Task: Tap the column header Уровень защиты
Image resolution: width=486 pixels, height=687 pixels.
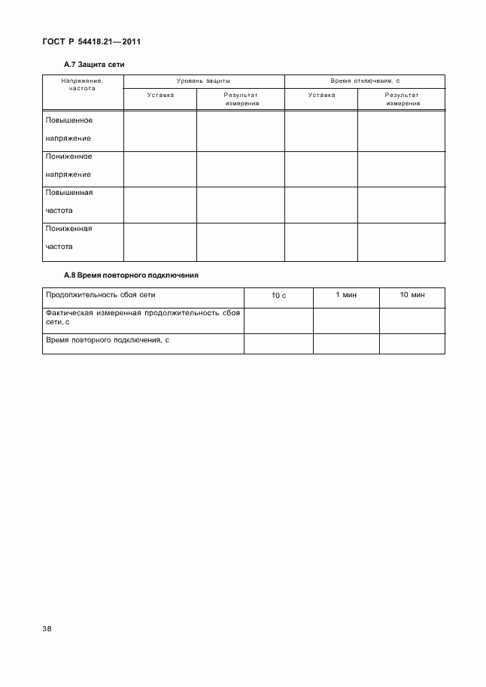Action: pos(203,80)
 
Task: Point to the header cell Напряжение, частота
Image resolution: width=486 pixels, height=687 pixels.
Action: pos(83,84)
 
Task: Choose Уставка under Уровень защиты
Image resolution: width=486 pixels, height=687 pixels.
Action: pos(160,95)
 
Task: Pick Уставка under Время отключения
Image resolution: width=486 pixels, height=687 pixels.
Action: pos(321,95)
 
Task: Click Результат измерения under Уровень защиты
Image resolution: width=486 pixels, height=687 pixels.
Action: pos(241,99)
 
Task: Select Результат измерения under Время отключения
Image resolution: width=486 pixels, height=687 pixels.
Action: pos(402,99)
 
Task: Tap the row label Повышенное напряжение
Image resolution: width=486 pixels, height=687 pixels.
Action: pos(69,129)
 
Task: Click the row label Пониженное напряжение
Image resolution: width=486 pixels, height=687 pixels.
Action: pos(69,165)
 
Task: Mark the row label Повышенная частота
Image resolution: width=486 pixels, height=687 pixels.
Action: pos(69,201)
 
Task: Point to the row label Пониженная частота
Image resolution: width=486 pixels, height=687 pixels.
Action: pos(69,236)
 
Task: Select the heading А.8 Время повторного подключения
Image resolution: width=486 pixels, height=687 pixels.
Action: pos(132,275)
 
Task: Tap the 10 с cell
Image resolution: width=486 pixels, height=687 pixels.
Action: pos(278,296)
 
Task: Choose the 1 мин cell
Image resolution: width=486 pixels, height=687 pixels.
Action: pos(346,295)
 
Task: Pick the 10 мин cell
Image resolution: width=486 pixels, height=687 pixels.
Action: pos(412,295)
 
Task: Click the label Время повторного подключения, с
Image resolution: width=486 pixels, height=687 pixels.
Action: pos(108,340)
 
